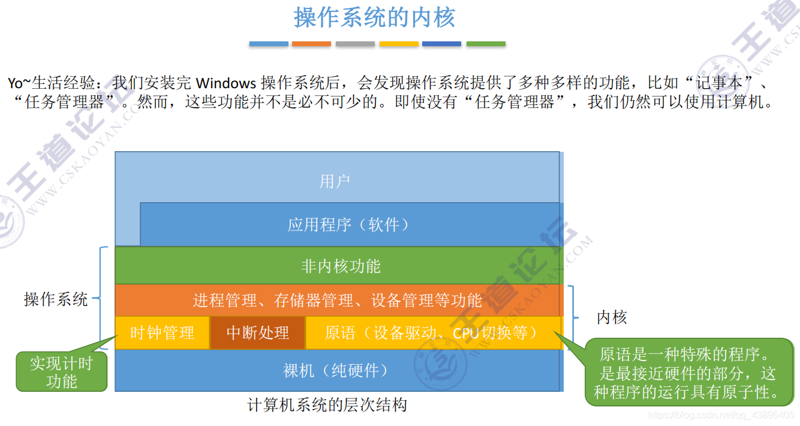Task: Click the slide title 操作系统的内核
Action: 374,17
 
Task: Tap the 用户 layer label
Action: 335,181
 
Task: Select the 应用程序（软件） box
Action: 350,225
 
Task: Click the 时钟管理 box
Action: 162,332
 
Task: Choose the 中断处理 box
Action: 257,332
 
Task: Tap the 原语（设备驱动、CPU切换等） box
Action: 433,332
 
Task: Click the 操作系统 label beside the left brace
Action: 56,299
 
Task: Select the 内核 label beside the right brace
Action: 612,317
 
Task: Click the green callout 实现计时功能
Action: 62,372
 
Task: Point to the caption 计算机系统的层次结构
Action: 327,405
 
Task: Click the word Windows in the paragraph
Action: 226,82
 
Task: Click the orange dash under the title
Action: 311,44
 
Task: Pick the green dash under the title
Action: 486,44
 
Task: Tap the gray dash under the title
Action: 355,44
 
